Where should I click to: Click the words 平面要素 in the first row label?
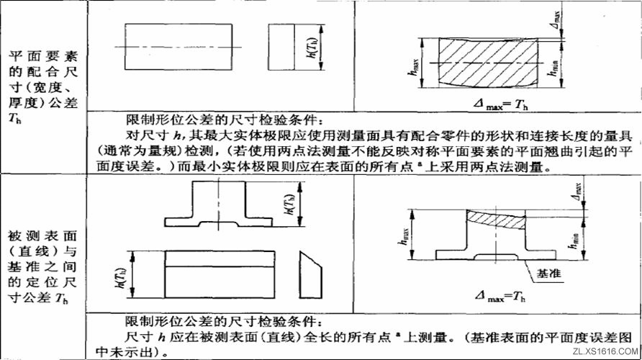pos(44,55)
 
